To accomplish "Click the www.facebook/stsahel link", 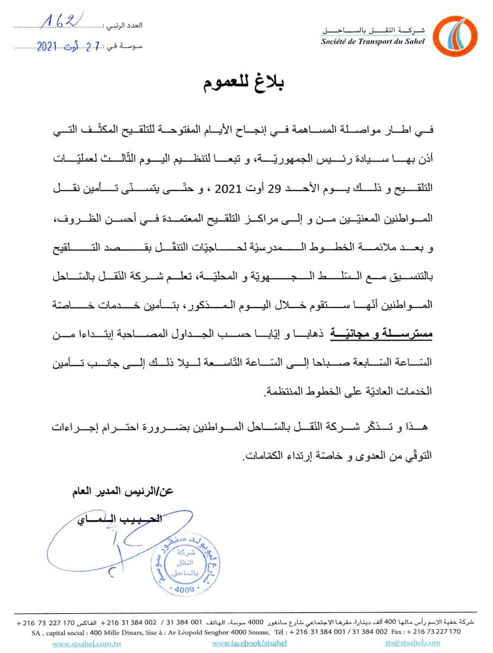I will click(243, 643).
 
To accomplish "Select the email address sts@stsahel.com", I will click(412, 643).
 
